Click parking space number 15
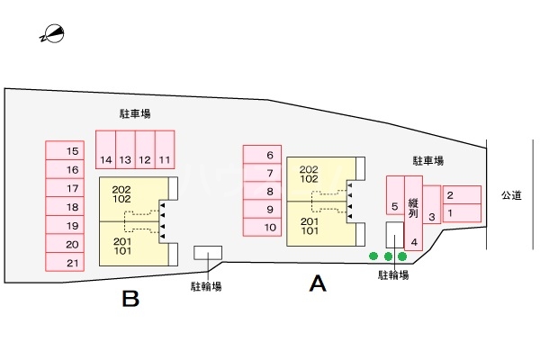[73, 150]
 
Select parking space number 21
[73, 263]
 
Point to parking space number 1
[462, 214]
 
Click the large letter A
[317, 284]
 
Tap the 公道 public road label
[512, 194]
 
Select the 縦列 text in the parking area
[413, 209]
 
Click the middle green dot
[388, 256]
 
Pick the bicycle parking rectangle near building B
[209, 253]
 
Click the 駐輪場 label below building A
[393, 274]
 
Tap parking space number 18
[73, 207]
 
